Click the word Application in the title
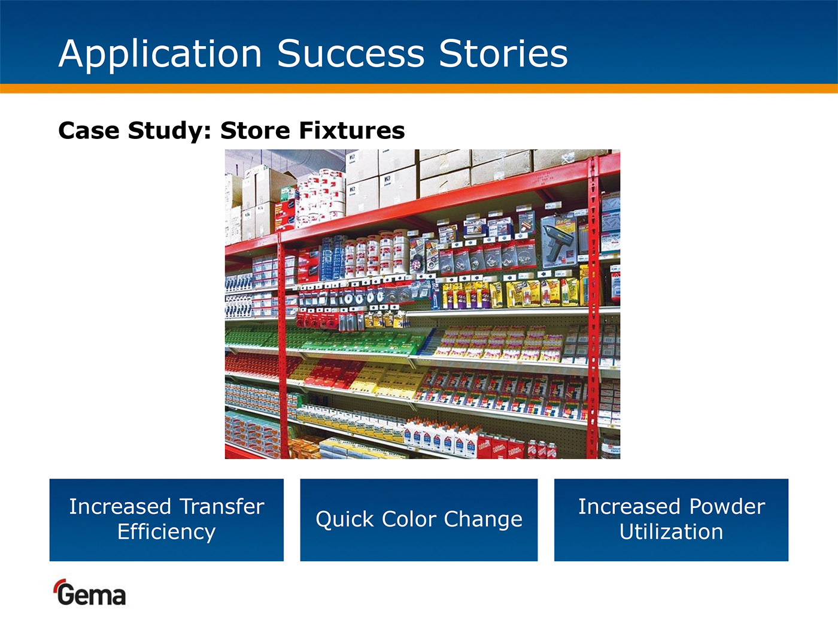point(160,54)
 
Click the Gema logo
point(90,592)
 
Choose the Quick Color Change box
point(419,520)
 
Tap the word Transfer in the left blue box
point(222,507)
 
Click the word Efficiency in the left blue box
point(166,532)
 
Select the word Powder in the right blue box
point(727,507)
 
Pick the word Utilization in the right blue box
point(671,531)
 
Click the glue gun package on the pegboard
point(559,241)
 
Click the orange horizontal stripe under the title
point(419,88)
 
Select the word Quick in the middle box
point(345,520)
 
